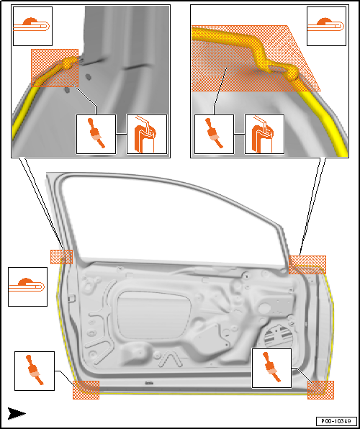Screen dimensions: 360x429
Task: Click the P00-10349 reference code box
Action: coord(336,420)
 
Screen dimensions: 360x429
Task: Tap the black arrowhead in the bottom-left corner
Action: coord(17,413)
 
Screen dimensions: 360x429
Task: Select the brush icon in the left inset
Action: coord(96,134)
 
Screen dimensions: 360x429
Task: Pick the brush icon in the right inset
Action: coord(214,134)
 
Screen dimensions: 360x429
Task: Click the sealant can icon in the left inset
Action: coord(147,134)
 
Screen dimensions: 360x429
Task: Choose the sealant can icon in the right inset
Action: coord(264,134)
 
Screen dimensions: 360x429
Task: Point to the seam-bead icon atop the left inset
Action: coord(32,26)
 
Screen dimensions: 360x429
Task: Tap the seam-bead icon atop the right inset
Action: coord(326,26)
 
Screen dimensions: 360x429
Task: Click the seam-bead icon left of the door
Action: coord(27,286)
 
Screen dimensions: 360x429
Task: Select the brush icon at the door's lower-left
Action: coord(35,371)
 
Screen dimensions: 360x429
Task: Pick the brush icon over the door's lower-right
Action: coord(271,368)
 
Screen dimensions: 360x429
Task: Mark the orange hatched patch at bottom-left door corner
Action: coord(86,389)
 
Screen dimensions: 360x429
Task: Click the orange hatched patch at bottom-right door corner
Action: coord(320,390)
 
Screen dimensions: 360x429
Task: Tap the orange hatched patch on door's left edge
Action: coord(62,257)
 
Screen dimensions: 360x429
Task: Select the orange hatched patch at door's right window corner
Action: coord(307,265)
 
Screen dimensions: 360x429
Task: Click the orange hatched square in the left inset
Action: coord(55,68)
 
